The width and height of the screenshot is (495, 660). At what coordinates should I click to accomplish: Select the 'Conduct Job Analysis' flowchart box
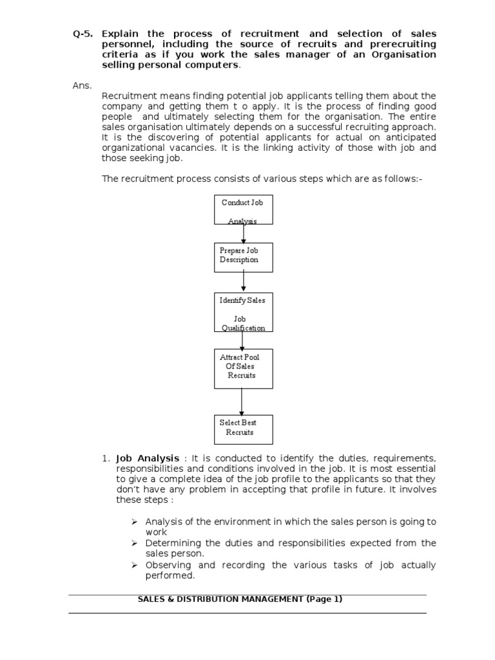243,210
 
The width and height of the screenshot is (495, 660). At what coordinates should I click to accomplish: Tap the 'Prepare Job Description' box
244,257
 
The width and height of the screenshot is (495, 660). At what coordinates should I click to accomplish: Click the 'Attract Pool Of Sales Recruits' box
243,369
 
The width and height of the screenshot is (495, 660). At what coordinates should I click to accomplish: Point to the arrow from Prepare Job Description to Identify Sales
244,282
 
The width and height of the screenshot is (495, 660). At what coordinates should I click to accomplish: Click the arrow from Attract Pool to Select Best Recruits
242,402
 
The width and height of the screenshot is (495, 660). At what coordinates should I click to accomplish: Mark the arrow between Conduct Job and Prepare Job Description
244,233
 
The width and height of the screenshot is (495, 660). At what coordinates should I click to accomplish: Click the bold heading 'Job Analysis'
148,458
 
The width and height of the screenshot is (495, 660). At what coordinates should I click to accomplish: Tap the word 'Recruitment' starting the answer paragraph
126,96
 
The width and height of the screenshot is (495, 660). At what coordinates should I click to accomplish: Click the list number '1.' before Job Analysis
106,458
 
